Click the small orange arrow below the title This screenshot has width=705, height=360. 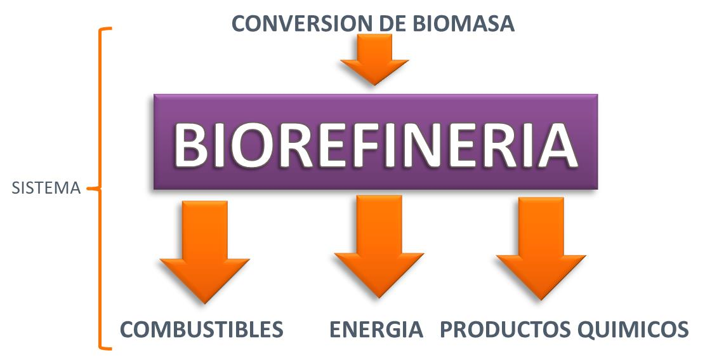point(374,59)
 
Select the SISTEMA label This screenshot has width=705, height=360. point(46,189)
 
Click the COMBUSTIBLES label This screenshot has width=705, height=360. point(201,330)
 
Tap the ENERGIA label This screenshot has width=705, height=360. point(376,330)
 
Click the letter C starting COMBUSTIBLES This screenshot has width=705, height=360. point(129,330)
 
